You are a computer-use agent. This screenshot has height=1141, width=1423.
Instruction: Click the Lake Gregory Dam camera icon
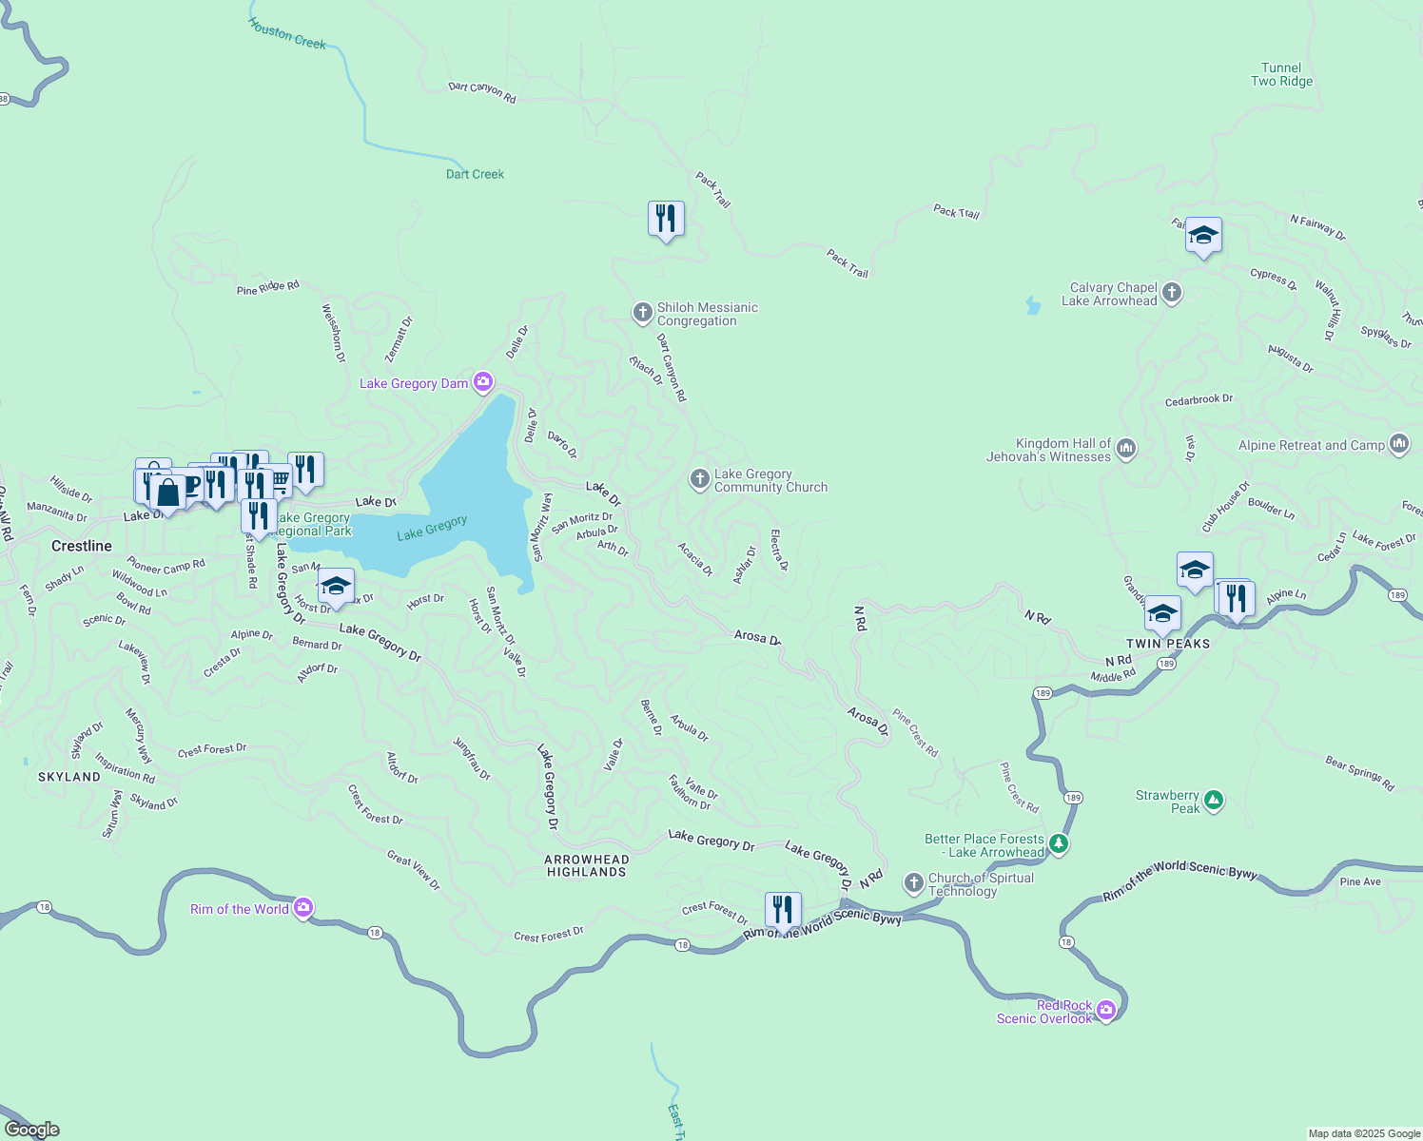pos(483,382)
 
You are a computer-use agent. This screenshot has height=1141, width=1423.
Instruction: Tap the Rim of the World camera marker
pos(303,908)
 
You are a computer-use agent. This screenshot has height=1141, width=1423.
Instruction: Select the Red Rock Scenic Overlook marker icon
pos(1105,1010)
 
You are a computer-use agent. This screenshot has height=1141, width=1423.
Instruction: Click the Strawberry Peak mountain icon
pos(1213,801)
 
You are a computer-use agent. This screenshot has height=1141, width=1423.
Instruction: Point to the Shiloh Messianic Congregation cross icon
pos(643,312)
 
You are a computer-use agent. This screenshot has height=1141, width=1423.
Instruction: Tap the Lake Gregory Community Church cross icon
pos(700,479)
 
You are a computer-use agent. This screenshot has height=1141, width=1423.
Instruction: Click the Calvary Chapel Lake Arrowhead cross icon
pos(1172,293)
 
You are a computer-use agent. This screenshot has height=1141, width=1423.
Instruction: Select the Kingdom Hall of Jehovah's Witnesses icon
pos(1126,449)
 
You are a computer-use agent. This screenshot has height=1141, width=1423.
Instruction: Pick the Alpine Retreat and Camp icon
pos(1398,444)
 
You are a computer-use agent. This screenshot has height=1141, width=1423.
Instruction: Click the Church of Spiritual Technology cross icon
pos(913,883)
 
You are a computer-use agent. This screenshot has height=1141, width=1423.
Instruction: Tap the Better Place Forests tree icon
pos(1059,844)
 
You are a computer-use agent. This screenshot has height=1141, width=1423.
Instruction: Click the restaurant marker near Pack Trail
pos(666,219)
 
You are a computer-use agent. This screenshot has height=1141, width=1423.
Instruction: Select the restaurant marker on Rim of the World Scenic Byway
pos(782,910)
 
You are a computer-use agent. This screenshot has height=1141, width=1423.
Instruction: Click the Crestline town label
pos(82,546)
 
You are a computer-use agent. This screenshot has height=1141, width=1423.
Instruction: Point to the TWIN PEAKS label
pos(1168,644)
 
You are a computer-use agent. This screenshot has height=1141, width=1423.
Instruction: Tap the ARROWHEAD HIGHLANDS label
pos(587,865)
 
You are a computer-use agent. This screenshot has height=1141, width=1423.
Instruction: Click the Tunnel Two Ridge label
pos(1281,74)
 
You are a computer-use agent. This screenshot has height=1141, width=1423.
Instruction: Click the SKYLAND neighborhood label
pos(69,777)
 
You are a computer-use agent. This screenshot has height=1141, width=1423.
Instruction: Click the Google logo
pos(32,1130)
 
